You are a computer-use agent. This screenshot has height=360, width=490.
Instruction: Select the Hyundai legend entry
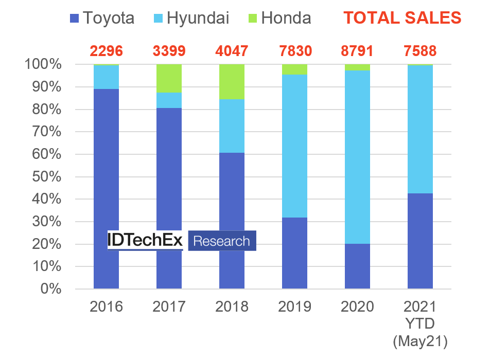(190, 18)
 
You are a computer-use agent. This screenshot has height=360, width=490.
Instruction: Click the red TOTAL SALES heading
(402, 18)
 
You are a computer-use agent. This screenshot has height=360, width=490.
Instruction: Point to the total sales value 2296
(107, 51)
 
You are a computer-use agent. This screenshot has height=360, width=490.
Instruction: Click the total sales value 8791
(358, 51)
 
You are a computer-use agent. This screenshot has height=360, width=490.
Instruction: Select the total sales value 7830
(294, 51)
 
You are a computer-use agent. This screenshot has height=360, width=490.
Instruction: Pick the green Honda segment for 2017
(169, 78)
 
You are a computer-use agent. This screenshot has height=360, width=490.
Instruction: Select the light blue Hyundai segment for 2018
(232, 126)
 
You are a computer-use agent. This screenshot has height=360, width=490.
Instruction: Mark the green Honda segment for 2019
(294, 69)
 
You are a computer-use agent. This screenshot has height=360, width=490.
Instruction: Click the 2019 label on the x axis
(294, 307)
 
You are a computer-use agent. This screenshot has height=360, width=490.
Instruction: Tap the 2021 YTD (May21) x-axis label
(420, 324)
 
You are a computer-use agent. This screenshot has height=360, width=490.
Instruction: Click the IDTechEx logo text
(145, 240)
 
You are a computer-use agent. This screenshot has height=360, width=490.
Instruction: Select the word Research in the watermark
(221, 241)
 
